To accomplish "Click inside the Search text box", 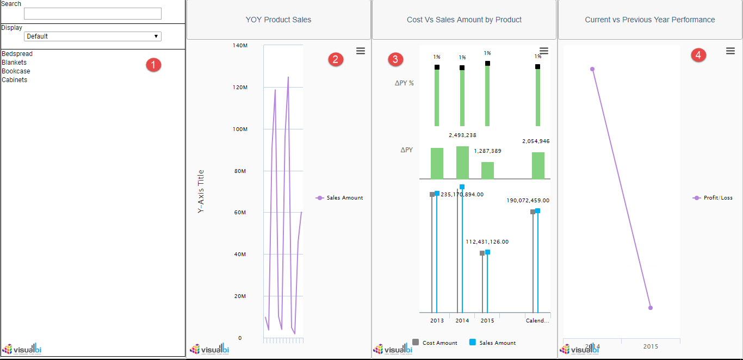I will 92,14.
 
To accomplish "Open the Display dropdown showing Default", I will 92,36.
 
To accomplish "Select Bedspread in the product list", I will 17,54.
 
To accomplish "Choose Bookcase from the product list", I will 16,71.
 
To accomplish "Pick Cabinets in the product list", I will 14,80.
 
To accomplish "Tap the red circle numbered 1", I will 154,65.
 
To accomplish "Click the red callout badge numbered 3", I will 396,59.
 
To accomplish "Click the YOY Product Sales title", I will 278,20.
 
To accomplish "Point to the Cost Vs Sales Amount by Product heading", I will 464,20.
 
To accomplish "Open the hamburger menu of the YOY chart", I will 361,51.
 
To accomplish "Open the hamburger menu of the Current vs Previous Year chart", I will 730,51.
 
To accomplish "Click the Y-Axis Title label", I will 201,191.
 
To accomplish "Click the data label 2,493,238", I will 462,135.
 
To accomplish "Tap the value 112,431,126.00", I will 487,241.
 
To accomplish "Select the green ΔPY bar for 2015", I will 487,170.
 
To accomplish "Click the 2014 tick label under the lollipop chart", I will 462,320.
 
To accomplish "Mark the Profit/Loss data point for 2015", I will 651,308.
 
